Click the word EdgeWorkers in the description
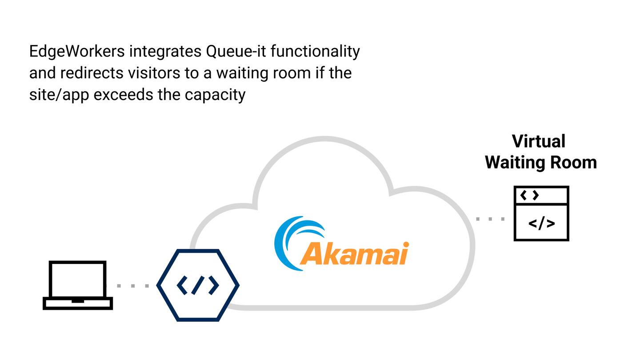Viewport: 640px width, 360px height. click(77, 52)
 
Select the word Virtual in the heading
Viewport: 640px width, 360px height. click(538, 141)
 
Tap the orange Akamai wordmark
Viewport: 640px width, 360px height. click(354, 254)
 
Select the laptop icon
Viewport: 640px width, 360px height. click(78, 285)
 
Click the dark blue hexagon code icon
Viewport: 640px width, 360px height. click(198, 285)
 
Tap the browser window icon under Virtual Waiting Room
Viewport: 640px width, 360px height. click(541, 214)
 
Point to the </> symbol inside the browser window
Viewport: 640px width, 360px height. click(541, 223)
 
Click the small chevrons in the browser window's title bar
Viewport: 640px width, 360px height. click(529, 195)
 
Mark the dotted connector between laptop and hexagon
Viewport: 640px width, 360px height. click(132, 286)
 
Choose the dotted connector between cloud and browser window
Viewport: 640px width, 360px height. click(490, 219)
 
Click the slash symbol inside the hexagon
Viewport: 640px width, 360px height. click(198, 285)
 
